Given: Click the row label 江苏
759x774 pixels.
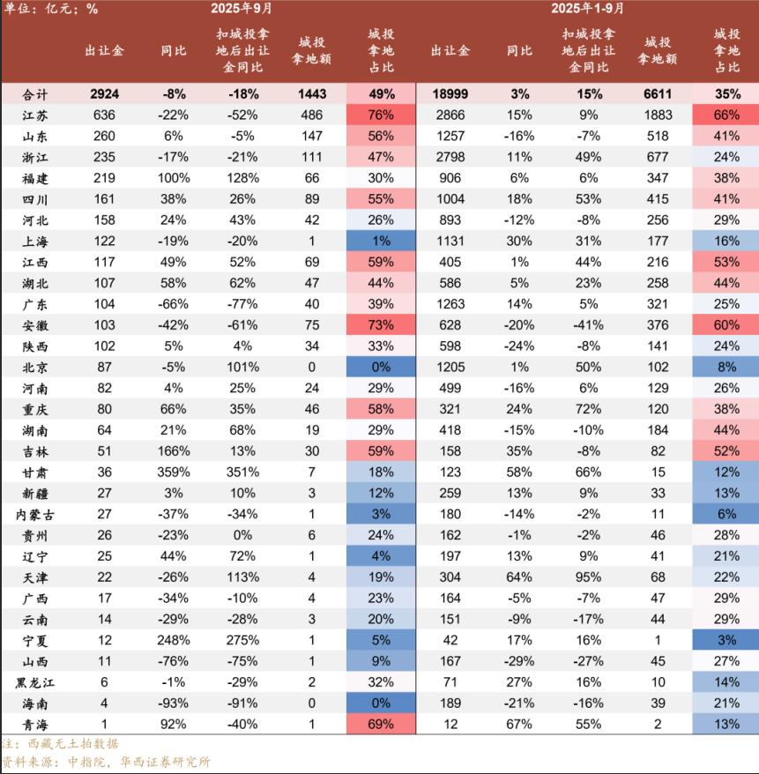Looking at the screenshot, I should click(x=38, y=115).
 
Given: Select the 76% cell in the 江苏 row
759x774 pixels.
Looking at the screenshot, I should click(x=381, y=115).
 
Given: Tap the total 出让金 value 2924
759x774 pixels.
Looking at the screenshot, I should click(x=104, y=94).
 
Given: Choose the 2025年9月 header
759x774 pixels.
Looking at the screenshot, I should click(x=241, y=8).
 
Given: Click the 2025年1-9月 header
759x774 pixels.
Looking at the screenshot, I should click(x=588, y=8).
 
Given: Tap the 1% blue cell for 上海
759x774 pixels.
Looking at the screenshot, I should click(x=381, y=242).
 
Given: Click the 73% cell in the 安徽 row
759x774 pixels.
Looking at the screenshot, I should click(x=381, y=325).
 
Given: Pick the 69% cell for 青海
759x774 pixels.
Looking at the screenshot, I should click(x=381, y=725).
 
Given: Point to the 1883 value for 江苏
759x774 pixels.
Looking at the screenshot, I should click(x=658, y=115).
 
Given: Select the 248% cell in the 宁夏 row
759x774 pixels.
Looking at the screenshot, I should click(x=174, y=641).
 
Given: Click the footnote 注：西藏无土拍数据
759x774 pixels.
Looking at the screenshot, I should click(x=59, y=744).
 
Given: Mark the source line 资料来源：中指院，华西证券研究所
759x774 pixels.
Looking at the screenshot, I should click(x=106, y=763).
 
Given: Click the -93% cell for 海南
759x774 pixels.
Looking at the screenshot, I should click(x=174, y=703).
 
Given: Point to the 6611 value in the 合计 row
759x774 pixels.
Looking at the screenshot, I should click(x=658, y=94).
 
